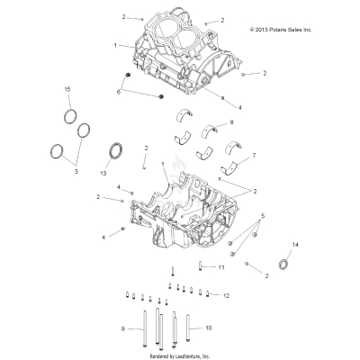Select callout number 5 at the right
coord(263,216)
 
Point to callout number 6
coord(118,92)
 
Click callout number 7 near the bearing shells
coord(253,156)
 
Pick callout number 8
coord(231,121)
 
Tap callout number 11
coord(220,267)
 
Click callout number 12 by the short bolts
coord(227,294)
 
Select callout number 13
coord(102,171)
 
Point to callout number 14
coord(298,245)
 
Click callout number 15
coord(67,91)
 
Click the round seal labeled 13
coord(115,149)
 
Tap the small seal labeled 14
coord(287,263)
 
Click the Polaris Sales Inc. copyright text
coord(280,30)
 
